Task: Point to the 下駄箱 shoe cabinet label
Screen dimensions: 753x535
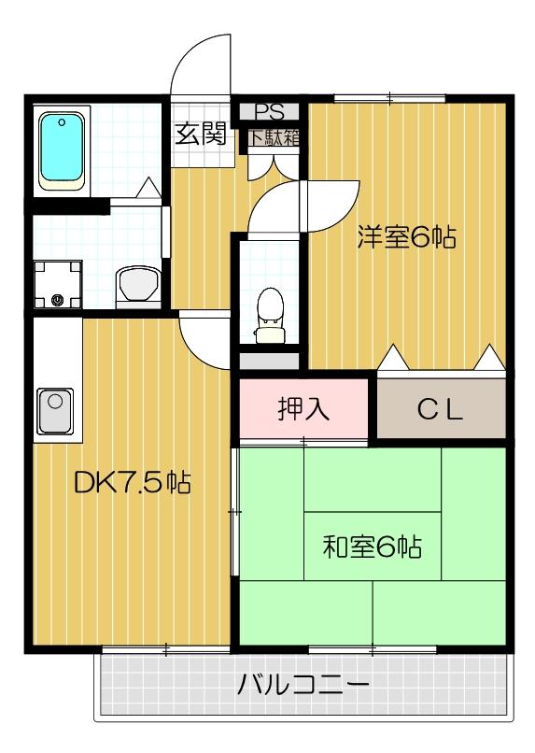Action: (274, 136)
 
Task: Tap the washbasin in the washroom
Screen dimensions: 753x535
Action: (138, 281)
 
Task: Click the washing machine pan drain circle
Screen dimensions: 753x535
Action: (58, 300)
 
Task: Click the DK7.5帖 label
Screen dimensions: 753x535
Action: (132, 482)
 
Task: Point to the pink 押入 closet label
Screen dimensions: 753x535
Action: (303, 408)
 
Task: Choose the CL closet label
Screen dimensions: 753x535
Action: (441, 409)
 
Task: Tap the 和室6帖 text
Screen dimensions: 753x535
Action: (372, 547)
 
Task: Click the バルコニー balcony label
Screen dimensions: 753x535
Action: (303, 685)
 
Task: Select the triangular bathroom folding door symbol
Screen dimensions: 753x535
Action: (147, 189)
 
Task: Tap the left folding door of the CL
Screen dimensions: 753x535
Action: (392, 358)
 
